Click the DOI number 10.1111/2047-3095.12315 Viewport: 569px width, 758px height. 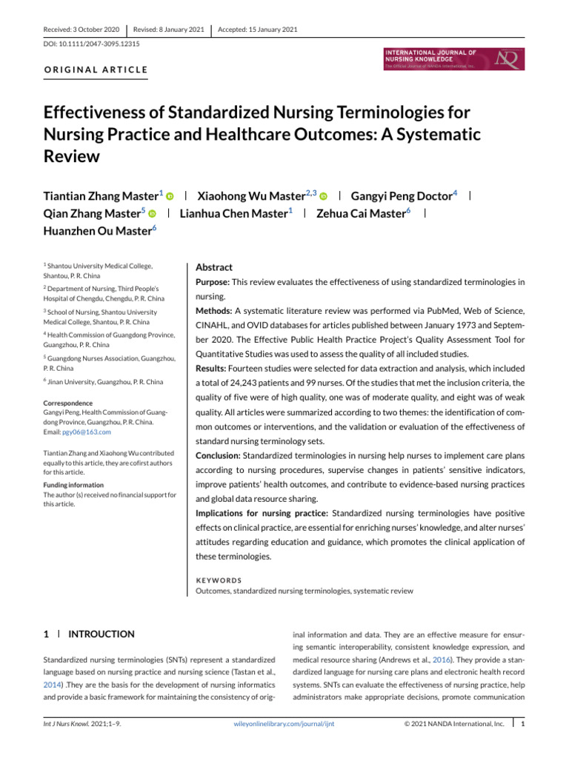click(87, 44)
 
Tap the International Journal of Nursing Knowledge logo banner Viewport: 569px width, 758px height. click(453, 59)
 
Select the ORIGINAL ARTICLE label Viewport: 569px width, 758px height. click(96, 71)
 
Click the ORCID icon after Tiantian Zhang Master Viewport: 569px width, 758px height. click(169, 196)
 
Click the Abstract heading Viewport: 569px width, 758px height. click(213, 267)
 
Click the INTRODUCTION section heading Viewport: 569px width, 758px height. click(102, 634)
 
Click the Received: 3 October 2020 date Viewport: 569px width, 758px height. click(81, 30)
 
